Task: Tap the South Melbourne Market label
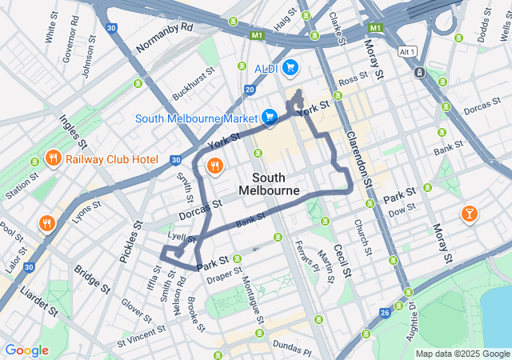coord(196,118)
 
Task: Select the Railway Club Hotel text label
coord(112,158)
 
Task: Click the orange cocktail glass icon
coord(469,214)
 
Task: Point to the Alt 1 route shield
coord(408,51)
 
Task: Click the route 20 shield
coord(250,89)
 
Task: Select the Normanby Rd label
coord(165,38)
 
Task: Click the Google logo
coord(26,350)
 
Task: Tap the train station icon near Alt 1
coord(419,73)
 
